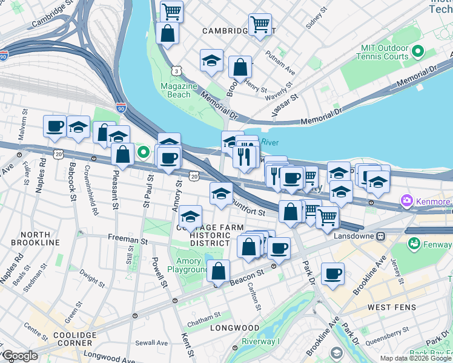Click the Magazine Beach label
(x=179, y=90)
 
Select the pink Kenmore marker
(x=406, y=201)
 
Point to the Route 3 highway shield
(x=176, y=71)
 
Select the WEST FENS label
(x=392, y=307)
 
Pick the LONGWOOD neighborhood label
(x=234, y=328)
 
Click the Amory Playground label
(x=188, y=266)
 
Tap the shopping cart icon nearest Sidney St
(x=260, y=24)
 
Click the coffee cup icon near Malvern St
(x=55, y=126)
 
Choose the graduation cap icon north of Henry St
(x=211, y=60)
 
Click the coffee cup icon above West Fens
(x=332, y=273)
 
